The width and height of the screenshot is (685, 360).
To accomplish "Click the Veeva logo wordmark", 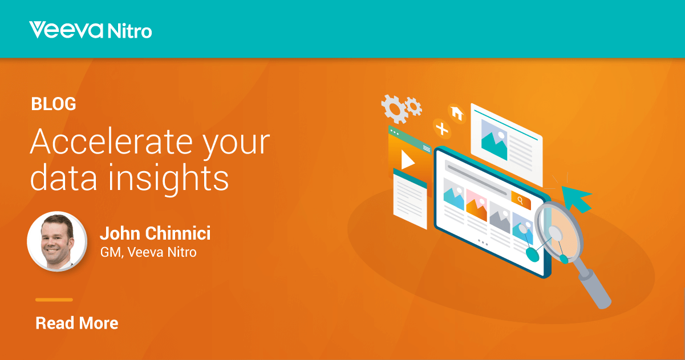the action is coord(66,30).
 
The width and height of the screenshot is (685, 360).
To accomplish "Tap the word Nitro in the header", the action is coord(129,31).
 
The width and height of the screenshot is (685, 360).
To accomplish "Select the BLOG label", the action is coord(54,104).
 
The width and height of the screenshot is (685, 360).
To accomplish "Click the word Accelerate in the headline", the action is coord(111,141).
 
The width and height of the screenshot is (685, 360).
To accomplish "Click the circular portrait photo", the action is coord(57,241).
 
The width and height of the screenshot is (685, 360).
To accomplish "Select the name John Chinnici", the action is coord(155,233).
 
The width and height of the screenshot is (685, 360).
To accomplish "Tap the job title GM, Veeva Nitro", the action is coord(148,252).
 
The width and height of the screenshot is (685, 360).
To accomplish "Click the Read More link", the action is coord(77,323).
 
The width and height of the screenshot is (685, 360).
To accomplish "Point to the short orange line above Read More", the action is coord(54,300).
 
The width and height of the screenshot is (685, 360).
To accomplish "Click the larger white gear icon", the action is coord(394,109).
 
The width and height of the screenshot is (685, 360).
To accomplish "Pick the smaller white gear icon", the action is coord(414,107).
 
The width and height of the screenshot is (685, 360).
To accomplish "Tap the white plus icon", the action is coord(442,129).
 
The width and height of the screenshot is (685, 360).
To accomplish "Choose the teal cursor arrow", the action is coord(576,198).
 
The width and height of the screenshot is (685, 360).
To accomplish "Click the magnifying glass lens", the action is coord(559,232).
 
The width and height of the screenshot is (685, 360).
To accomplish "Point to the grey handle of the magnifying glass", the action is coord(595,289).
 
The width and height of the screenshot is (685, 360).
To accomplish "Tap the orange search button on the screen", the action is coord(521,200).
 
